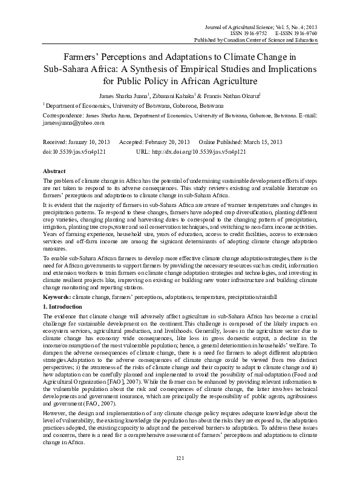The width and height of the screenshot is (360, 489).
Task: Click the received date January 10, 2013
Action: point(87,140)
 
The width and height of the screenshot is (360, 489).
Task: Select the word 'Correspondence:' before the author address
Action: point(63,114)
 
